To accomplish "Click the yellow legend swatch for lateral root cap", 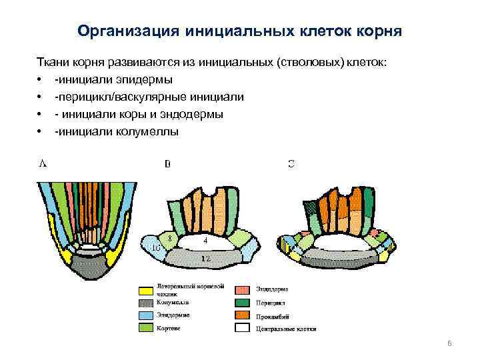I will (145, 291).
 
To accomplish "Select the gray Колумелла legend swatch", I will (145, 303).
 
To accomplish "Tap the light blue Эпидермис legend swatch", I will (145, 315).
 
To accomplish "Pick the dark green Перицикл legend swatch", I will (243, 303).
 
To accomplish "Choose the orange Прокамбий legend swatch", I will (243, 315).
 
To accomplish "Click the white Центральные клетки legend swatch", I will (243, 327).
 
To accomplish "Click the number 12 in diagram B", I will (205, 257).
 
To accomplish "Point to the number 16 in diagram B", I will (156, 247).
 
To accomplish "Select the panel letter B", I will (167, 163).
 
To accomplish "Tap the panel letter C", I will (291, 163).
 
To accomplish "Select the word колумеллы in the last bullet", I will (151, 132).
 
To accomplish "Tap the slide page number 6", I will (449, 343).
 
